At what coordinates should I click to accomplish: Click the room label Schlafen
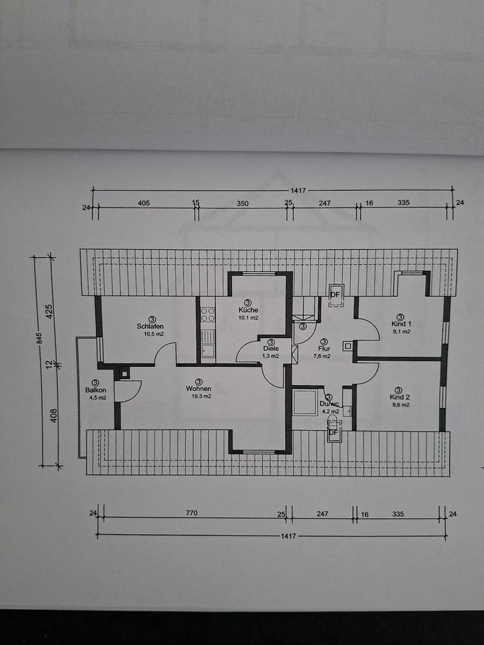(x=150, y=327)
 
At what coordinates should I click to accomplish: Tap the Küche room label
(x=248, y=310)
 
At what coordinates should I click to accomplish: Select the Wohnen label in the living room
(x=198, y=389)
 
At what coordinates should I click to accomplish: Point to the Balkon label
(x=95, y=390)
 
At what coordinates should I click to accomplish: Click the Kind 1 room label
(x=401, y=324)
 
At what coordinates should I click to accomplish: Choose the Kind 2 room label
(x=399, y=397)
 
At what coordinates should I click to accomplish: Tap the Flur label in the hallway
(x=324, y=349)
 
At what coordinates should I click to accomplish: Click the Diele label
(x=271, y=349)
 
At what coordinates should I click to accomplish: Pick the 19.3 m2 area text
(x=201, y=396)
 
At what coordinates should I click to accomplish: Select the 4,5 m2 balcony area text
(x=97, y=398)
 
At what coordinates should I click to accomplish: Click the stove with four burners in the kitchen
(x=208, y=315)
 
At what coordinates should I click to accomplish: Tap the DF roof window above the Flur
(x=336, y=296)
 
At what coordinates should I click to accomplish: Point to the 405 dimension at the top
(x=144, y=203)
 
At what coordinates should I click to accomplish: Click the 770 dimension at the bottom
(x=192, y=513)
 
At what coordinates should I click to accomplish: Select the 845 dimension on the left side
(x=40, y=338)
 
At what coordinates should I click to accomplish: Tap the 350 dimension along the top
(x=243, y=203)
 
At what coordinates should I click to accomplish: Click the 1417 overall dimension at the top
(x=298, y=190)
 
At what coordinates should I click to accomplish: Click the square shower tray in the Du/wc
(x=305, y=402)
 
